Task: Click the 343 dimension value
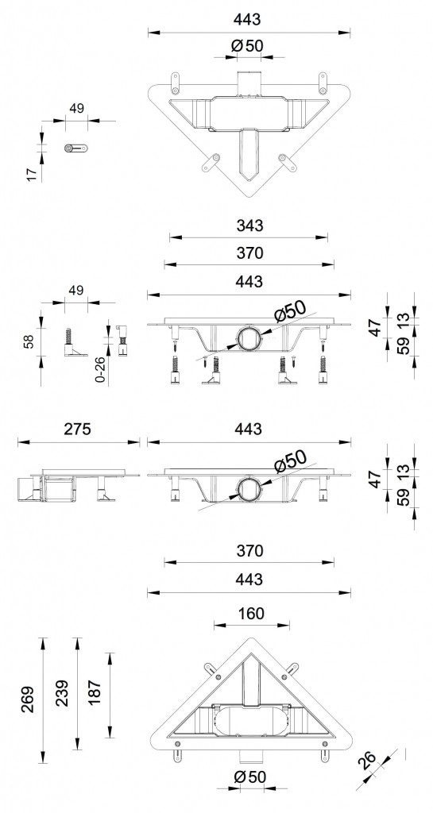[249, 225]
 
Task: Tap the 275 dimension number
[77, 430]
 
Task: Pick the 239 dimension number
[62, 694]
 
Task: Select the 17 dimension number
[32, 175]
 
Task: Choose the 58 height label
[29, 341]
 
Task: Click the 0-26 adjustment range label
[102, 370]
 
